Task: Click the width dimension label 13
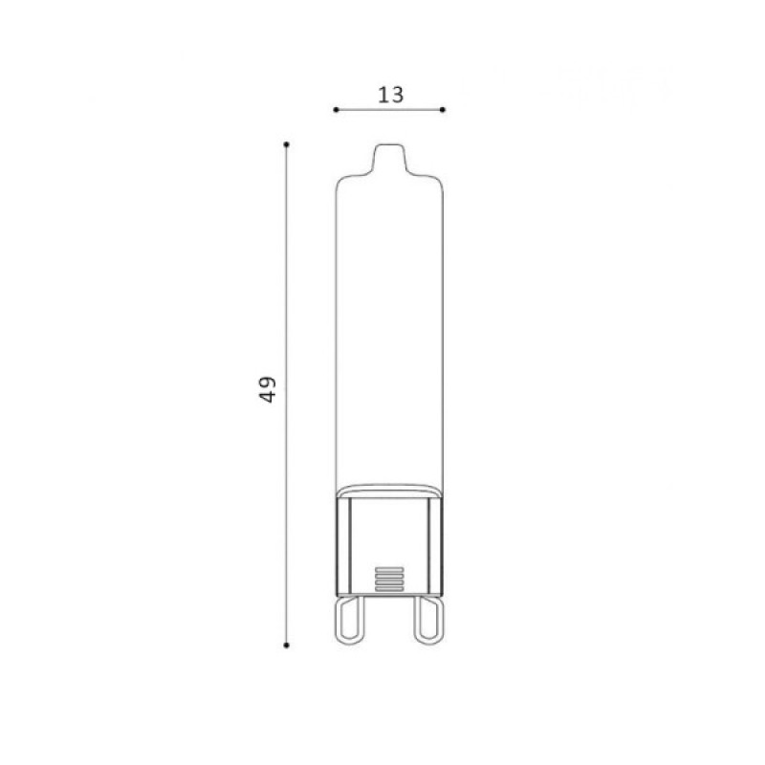pos(391,95)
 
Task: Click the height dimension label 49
pos(267,389)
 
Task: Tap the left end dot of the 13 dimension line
pos(336,110)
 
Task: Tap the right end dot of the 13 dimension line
pos(443,110)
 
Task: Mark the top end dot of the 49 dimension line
pos(286,144)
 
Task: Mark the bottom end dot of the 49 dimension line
pos(286,645)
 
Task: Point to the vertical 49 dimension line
pos(286,395)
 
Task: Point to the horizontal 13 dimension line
pos(389,110)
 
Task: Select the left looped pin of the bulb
pos(351,620)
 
